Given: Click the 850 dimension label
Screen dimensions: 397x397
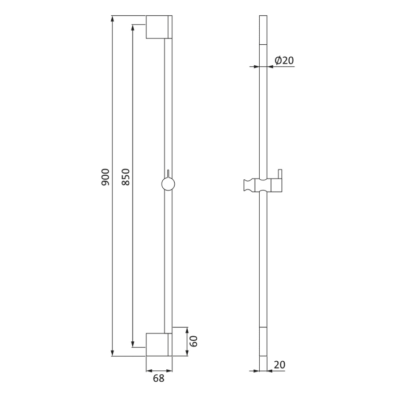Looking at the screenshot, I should [126, 176].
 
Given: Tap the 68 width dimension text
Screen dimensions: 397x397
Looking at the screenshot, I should [158, 378].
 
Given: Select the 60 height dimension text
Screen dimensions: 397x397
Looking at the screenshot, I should [193, 341].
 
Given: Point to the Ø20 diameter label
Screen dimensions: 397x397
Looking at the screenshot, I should [284, 61].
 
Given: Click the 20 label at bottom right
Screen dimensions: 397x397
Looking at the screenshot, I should [279, 365].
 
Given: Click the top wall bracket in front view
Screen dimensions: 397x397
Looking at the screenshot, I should [159, 27].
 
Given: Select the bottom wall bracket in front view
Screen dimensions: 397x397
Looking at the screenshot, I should [159, 344].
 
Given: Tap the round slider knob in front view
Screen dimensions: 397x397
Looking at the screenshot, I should [168, 184].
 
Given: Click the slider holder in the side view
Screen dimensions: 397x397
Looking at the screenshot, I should [262, 185].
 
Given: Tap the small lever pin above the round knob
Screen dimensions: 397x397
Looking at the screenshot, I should [168, 174].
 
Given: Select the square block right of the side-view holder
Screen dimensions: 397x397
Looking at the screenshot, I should [276, 185].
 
